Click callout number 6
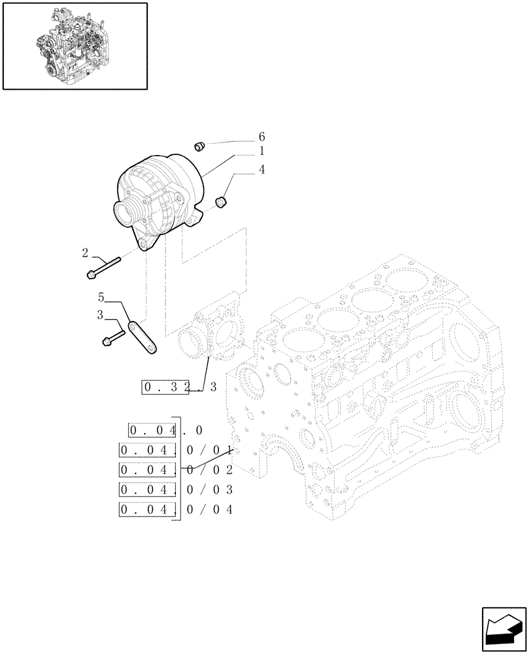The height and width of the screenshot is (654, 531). (x=262, y=137)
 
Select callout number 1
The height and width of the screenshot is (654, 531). (x=262, y=151)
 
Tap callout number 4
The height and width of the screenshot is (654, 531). (x=262, y=170)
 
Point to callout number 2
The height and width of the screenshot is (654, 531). (x=86, y=252)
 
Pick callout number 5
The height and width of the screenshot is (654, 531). (x=101, y=296)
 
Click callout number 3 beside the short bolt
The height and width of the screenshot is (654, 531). (x=100, y=315)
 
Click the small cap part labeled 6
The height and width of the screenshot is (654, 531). (x=201, y=146)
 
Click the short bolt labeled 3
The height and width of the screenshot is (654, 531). (x=114, y=337)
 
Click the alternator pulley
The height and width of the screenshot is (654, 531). (x=126, y=213)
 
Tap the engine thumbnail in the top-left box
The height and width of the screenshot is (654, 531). (x=74, y=45)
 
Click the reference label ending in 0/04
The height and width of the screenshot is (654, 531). (x=177, y=510)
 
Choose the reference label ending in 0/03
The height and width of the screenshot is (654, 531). (x=177, y=490)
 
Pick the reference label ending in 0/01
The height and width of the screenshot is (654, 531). (x=177, y=450)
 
